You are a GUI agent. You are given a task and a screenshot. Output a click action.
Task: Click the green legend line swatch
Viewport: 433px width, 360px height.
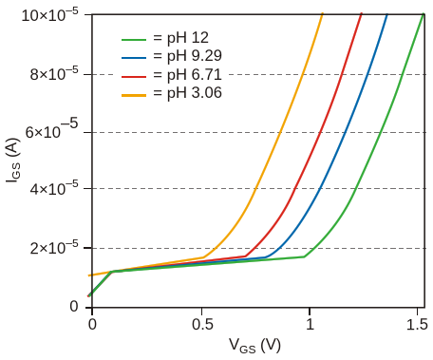pos(134,40)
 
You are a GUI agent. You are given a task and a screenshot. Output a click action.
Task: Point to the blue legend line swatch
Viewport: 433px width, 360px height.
pos(134,58)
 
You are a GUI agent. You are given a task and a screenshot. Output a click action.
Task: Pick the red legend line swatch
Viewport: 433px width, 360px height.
pos(134,76)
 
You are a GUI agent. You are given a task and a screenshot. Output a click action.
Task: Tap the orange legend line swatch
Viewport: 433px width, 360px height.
pos(134,95)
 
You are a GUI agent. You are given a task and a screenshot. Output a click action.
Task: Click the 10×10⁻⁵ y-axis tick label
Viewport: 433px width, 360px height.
pos(49,15)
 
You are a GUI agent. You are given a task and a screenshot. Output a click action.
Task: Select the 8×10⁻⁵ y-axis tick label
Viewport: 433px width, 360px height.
pos(54,75)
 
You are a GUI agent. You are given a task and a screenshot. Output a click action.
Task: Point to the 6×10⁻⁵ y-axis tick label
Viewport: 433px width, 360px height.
pos(51,130)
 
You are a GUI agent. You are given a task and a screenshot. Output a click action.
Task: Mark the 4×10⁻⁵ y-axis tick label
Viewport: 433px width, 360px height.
pos(54,189)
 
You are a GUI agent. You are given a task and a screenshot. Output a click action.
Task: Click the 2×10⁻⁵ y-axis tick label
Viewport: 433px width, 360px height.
pos(54,248)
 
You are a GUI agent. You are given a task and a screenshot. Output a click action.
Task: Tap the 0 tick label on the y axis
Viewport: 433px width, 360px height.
pos(74,307)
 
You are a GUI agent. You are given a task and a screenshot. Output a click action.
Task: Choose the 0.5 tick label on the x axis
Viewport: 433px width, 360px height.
pos(202,325)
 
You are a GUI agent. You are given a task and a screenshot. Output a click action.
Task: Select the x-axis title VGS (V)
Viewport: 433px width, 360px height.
pos(254,346)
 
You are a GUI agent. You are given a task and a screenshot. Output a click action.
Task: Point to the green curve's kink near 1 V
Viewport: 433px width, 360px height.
pos(304,256)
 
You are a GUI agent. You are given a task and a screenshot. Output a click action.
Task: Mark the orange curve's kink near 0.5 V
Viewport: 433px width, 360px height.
pos(204,257)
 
